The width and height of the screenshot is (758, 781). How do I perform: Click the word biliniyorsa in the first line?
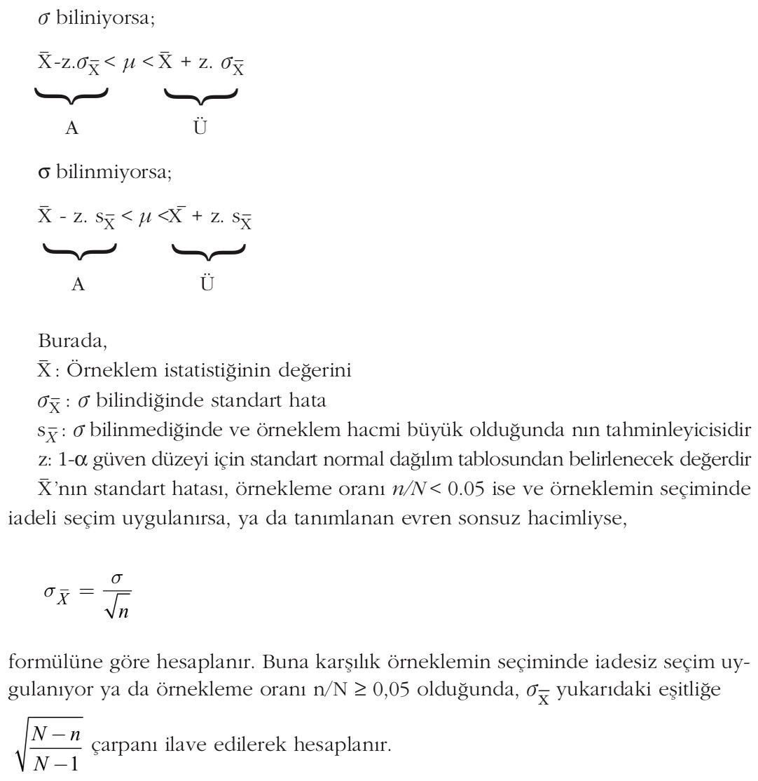pyautogui.click(x=105, y=19)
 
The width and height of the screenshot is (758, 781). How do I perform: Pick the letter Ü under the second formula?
pyautogui.click(x=208, y=284)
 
